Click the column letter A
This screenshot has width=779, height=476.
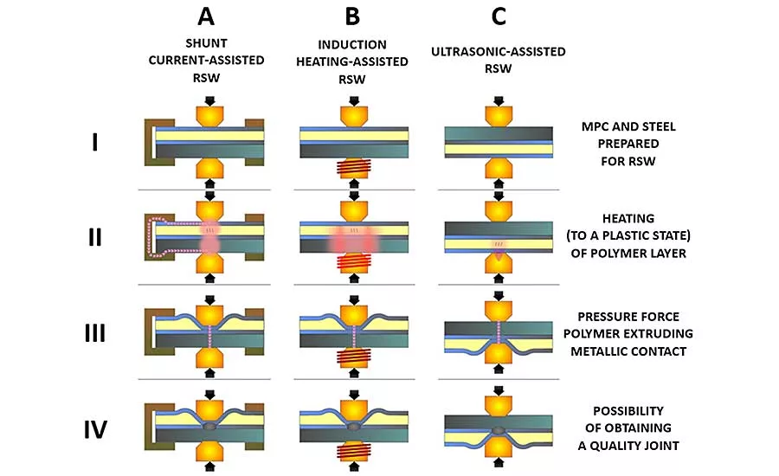[x=206, y=16]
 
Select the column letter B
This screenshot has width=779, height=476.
[x=352, y=16]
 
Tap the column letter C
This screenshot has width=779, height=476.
[x=499, y=16]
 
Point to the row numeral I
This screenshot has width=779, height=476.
[x=95, y=143]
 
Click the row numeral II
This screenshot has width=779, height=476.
[x=95, y=237]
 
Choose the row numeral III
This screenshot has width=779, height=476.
[x=95, y=333]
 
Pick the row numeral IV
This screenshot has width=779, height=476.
[x=95, y=430]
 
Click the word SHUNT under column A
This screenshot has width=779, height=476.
[x=206, y=43]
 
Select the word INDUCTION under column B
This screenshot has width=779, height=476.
[x=352, y=45]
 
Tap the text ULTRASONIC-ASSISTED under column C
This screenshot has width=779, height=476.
[x=499, y=52]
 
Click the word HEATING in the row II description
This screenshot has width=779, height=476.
[x=628, y=219]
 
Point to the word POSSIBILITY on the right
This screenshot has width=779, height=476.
[x=628, y=411]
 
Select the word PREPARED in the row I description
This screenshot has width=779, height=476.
[x=628, y=144]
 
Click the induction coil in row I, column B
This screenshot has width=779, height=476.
[x=354, y=169]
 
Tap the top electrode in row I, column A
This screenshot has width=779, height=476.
[x=209, y=116]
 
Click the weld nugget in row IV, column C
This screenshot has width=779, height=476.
[x=499, y=430]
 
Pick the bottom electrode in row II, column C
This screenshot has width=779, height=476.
[x=499, y=263]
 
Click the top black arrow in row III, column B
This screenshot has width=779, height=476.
[x=354, y=299]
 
